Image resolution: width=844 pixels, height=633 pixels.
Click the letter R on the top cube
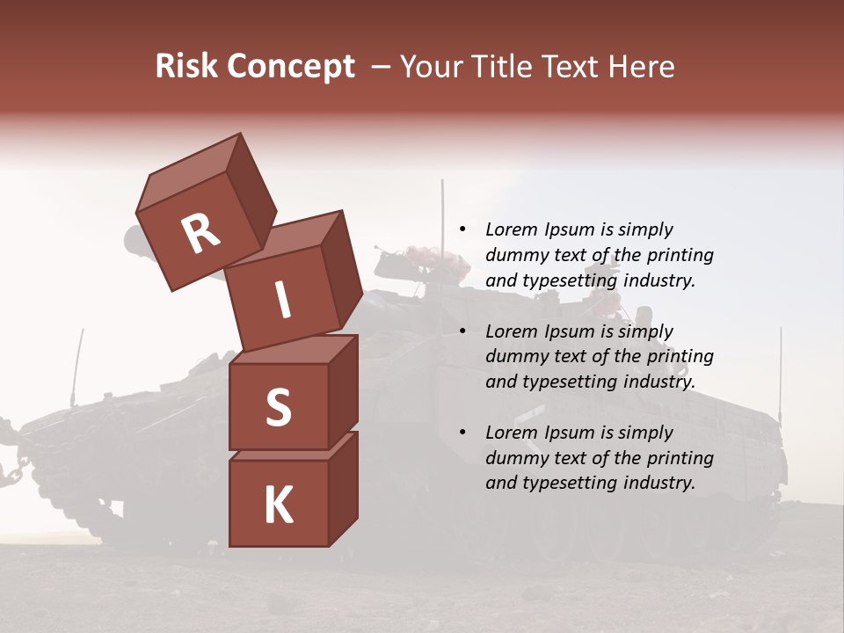tap(200, 234)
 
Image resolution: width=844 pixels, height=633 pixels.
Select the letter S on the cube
tap(278, 407)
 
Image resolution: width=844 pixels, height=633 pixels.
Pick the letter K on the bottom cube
tap(278, 506)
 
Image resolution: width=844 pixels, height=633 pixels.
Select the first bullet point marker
tap(462, 230)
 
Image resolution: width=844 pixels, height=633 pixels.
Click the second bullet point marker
tap(462, 332)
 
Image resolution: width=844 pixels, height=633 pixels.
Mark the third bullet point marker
tap(462, 433)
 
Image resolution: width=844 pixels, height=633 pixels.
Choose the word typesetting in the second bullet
tap(561, 382)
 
